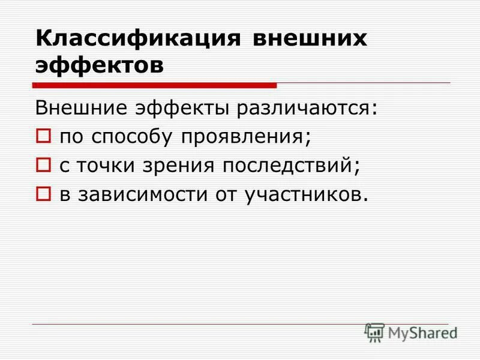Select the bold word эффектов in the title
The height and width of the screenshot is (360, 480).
pos(99,65)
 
